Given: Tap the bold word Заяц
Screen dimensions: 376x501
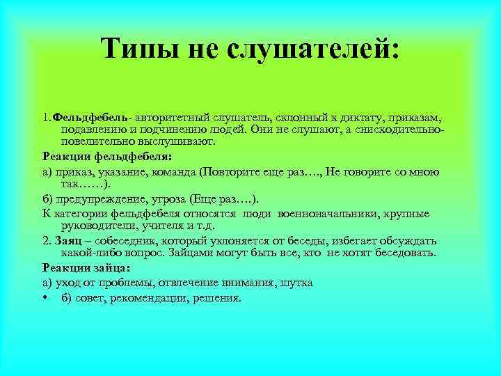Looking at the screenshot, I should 64,240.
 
